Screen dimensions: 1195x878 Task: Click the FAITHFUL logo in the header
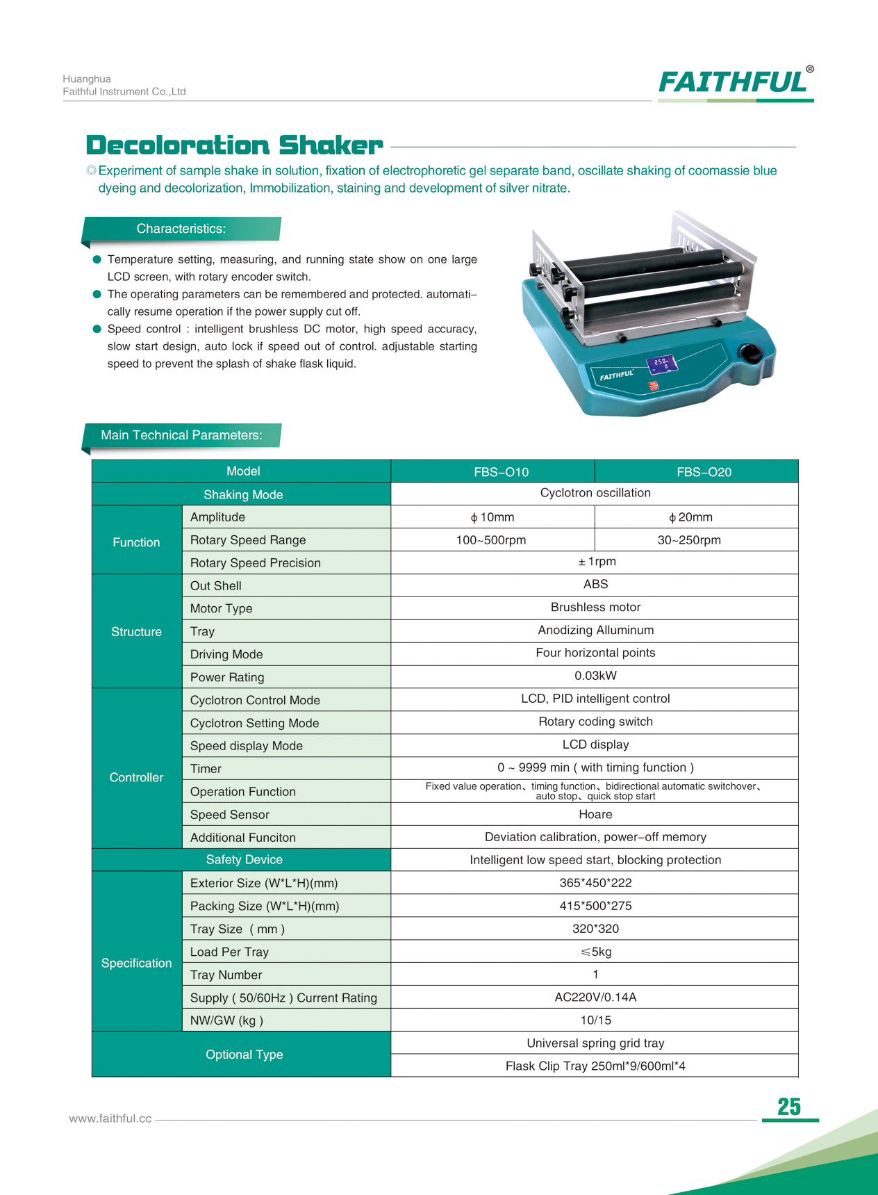coord(735,83)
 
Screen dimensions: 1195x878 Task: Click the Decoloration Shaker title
coord(234,145)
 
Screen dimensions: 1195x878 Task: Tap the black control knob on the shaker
coord(751,352)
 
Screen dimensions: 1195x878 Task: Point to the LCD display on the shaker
coord(661,364)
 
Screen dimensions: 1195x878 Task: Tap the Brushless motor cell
coord(595,607)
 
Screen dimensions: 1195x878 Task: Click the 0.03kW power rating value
coord(595,676)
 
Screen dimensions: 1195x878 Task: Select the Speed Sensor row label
coord(229,814)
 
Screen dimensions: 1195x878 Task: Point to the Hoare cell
coord(595,814)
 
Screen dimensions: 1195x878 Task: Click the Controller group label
coord(136,777)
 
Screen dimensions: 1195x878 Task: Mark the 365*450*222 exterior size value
coord(595,883)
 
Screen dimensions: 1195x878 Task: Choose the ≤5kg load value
coord(595,952)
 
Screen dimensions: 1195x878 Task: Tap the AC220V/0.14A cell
coord(595,997)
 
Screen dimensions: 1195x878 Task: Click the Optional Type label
coord(244,1055)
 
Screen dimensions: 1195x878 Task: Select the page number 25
coord(789,1107)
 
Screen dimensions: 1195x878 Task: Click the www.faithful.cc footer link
coord(110,1119)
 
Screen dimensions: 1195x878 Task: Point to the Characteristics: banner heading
coord(181,229)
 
